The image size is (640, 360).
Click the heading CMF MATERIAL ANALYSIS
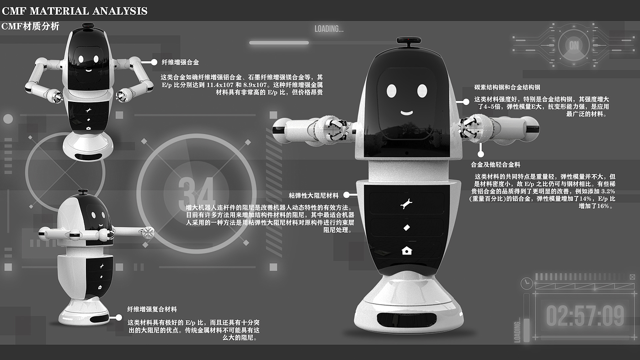[75, 11]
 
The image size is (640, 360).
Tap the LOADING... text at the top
[329, 29]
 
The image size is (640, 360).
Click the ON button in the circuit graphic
[574, 45]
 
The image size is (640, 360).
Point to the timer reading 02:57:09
[585, 316]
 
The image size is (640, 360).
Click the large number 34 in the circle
[196, 192]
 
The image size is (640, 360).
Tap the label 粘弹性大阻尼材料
[314, 196]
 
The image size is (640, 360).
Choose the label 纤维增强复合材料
[152, 309]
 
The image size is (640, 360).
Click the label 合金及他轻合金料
[496, 164]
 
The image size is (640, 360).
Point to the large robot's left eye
[391, 91]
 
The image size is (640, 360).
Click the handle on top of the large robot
[408, 42]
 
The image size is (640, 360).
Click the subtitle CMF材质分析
[30, 26]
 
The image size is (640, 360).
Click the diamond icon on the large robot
[406, 228]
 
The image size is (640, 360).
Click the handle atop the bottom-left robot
[83, 192]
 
